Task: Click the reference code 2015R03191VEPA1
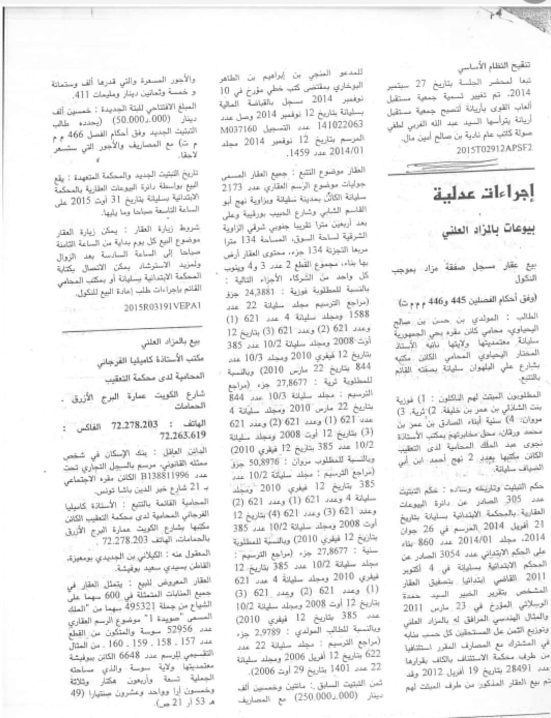click(x=163, y=306)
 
